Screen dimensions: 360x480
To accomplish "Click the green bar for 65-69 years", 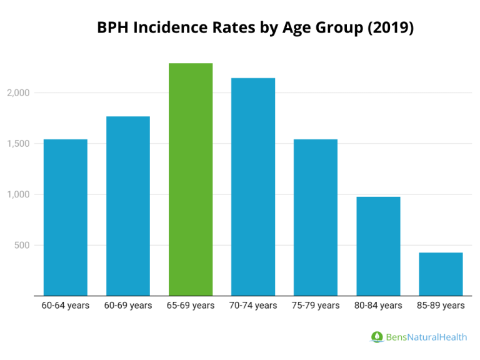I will (191, 179).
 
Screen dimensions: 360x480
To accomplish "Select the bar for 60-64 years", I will (65, 217).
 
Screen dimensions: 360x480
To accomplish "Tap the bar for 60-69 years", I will (128, 206).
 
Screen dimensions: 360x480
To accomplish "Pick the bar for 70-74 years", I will (253, 187).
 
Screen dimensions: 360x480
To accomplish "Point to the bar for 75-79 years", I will (316, 217).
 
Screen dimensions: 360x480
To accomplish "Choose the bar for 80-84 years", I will (378, 246).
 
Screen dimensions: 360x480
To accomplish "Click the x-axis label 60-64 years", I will (65, 306).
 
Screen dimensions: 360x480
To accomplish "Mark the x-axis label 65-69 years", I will (191, 306).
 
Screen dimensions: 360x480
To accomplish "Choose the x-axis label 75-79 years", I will (316, 306).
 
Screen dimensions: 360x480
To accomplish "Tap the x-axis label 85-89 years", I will (441, 306).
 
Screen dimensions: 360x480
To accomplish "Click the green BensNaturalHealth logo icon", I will (377, 337).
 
